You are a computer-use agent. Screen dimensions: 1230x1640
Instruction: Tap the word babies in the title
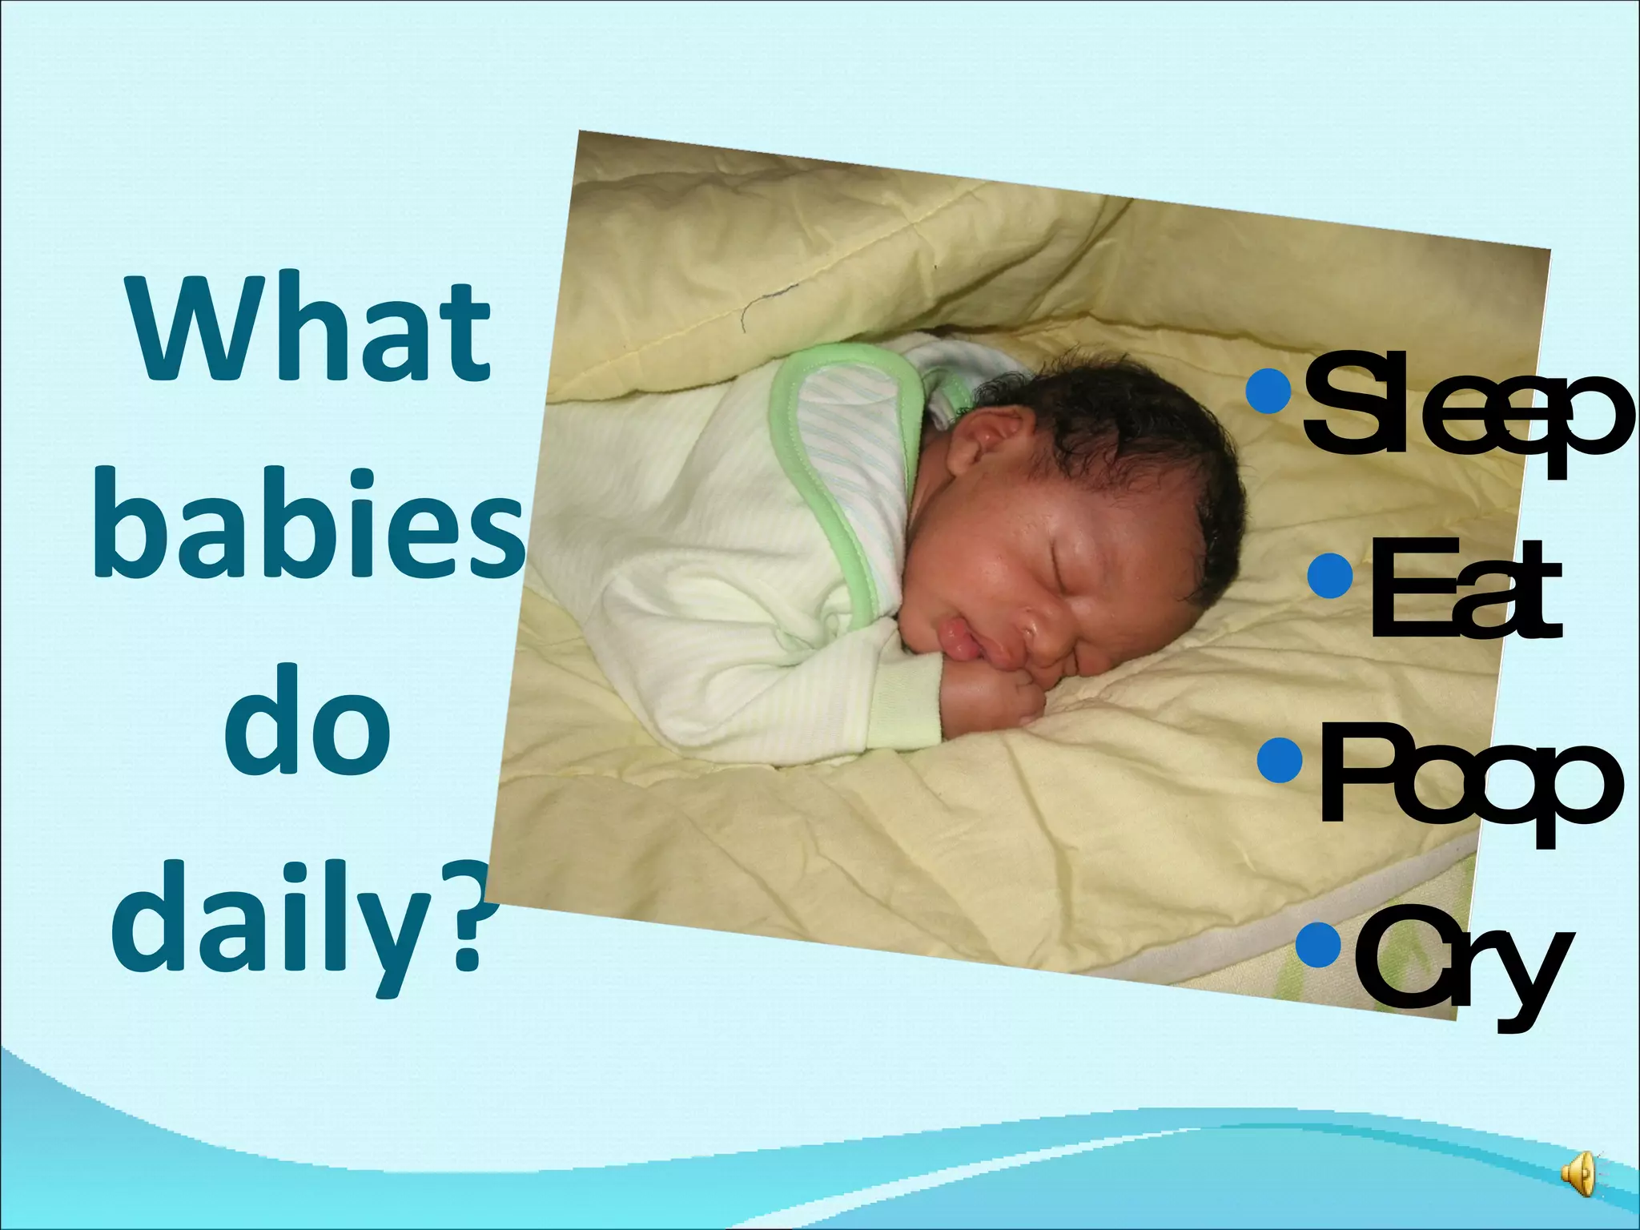[x=309, y=525]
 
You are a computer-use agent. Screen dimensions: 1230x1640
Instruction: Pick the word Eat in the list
[x=1465, y=591]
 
